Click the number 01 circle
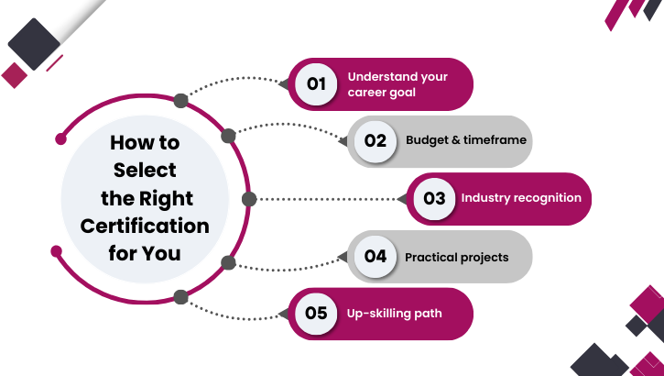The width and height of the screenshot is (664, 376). (316, 84)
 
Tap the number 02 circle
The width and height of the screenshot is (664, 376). (376, 141)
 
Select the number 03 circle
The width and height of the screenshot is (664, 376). (434, 198)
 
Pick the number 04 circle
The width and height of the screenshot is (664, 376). (376, 257)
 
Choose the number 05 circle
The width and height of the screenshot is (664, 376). (316, 314)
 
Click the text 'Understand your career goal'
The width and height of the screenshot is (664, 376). (397, 84)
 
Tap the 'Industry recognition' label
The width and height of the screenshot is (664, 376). (520, 198)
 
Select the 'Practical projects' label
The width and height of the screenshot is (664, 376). (456, 257)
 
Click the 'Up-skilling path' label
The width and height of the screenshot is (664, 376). (394, 314)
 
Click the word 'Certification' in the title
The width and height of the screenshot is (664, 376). (145, 226)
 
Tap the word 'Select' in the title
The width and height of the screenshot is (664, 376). (145, 171)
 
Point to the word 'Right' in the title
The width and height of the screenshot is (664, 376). (173, 198)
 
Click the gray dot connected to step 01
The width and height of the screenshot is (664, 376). (181, 100)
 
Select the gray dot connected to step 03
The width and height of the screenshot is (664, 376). (248, 198)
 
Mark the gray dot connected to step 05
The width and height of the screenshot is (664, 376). (181, 296)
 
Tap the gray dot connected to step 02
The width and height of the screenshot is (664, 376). (229, 136)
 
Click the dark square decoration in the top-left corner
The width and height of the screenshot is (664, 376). (34, 43)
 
